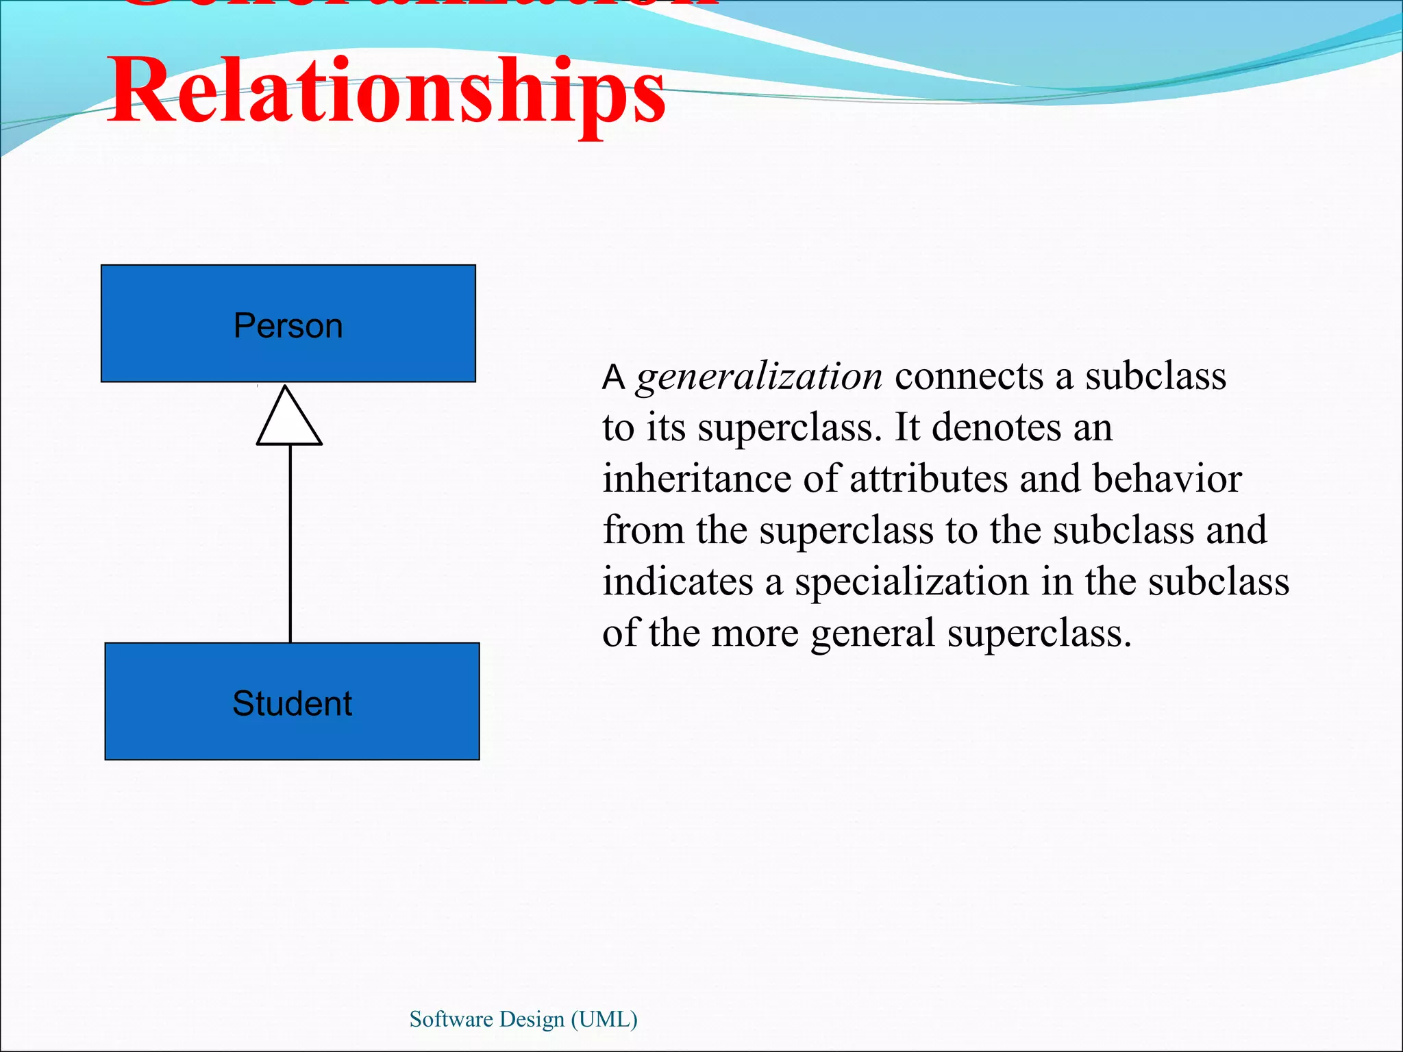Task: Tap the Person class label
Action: point(288,325)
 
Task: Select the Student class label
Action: point(292,703)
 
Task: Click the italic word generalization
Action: point(759,377)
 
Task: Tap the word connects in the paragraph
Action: point(969,376)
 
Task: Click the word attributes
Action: point(928,478)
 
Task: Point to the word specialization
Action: point(911,582)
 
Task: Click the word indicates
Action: point(678,581)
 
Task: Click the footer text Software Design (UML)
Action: point(523,1019)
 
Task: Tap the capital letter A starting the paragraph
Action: point(613,377)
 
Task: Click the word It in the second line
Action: point(907,427)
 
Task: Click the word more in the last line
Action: point(755,634)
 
